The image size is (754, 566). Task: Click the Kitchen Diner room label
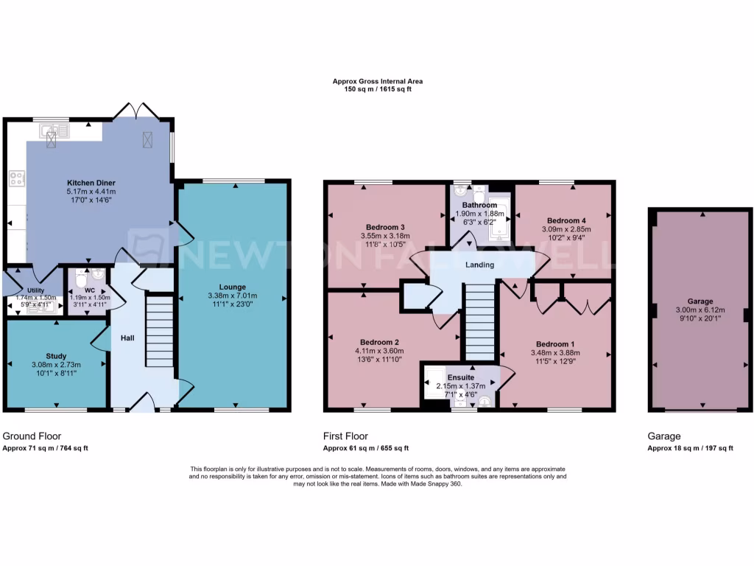(x=91, y=182)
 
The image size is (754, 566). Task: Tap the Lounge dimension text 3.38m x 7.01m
(x=231, y=297)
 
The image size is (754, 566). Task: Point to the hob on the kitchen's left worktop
(x=16, y=178)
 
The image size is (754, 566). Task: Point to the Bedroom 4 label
(x=566, y=220)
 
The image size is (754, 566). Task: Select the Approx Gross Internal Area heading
(x=377, y=82)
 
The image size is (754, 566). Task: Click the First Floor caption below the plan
(x=345, y=436)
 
